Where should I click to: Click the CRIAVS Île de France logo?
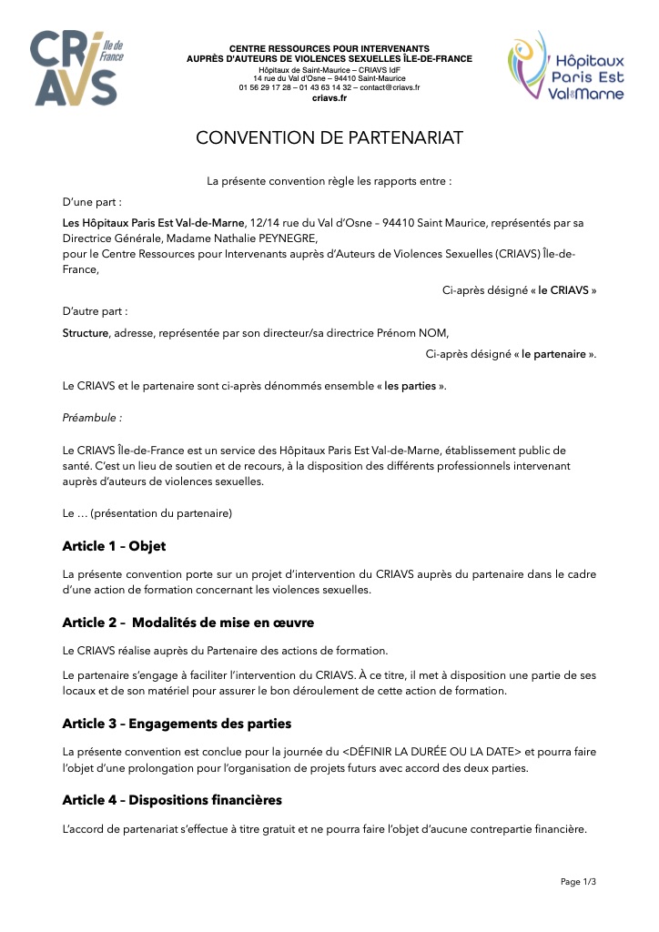pyautogui.click(x=76, y=68)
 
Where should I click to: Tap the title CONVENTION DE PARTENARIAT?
pyautogui.click(x=329, y=137)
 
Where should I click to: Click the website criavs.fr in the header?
pyautogui.click(x=329, y=97)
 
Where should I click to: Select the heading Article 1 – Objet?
pyautogui.click(x=114, y=546)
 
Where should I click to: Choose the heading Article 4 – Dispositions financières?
pyautogui.click(x=172, y=800)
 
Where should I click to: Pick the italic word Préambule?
pyautogui.click(x=91, y=418)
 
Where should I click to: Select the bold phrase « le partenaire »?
pyautogui.click(x=553, y=354)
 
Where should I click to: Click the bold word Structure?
pyautogui.click(x=85, y=332)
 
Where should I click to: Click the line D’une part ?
pyautogui.click(x=92, y=202)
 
